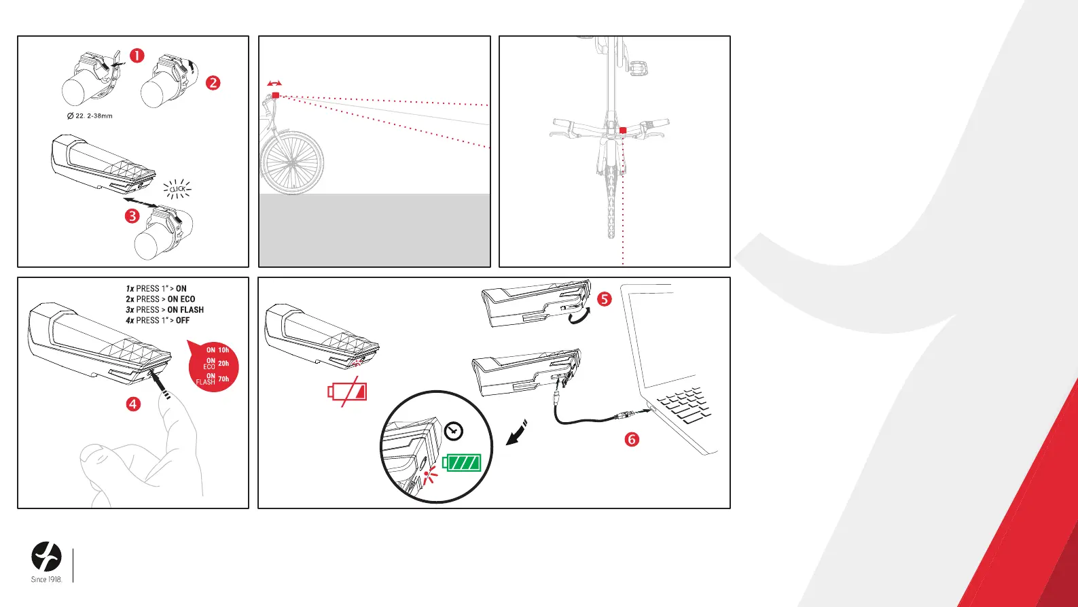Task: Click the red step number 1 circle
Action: (137, 56)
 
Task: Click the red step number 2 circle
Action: (213, 83)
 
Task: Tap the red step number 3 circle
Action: (132, 216)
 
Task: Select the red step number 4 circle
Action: (133, 404)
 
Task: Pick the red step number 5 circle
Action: (605, 299)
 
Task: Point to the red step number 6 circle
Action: (632, 439)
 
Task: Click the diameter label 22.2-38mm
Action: (90, 116)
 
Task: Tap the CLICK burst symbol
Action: (177, 190)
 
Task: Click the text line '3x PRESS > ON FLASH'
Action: (164, 310)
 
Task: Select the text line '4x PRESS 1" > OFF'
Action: (158, 320)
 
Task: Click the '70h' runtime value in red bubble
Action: (223, 379)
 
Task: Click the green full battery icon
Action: (461, 463)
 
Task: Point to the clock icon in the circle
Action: (453, 431)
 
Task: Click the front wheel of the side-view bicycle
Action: (292, 163)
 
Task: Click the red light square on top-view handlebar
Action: (623, 131)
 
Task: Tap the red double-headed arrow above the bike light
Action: (275, 84)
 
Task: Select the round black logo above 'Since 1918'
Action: (47, 557)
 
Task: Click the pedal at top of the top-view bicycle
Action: (638, 69)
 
